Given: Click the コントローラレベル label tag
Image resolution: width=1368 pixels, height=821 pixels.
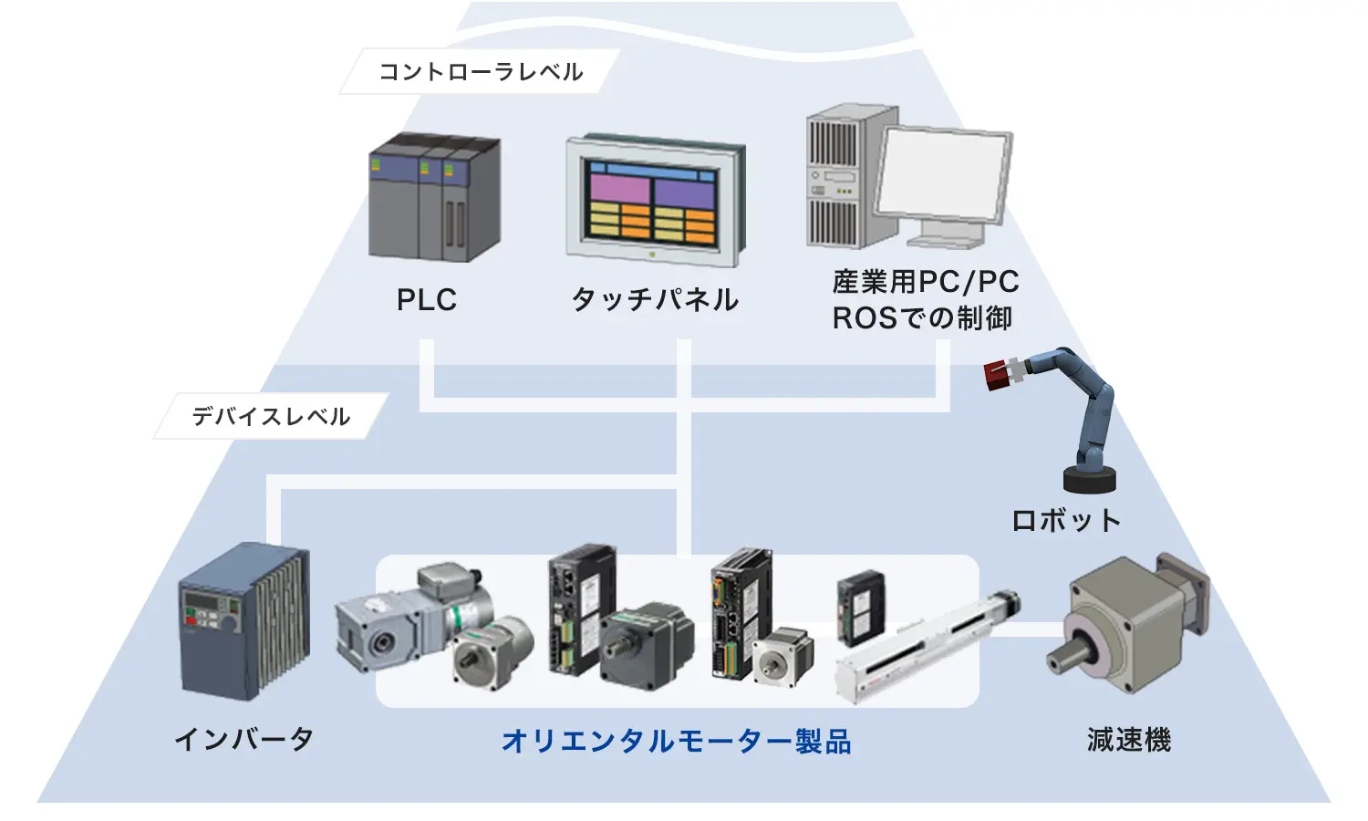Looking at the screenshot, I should pyautogui.click(x=481, y=72).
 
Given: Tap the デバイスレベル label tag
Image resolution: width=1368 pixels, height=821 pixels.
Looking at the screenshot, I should pyautogui.click(x=271, y=417).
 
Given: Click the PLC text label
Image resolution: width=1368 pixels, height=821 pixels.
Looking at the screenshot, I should pyautogui.click(x=427, y=300).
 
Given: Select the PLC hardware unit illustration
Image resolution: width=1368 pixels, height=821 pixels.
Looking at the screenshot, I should pyautogui.click(x=434, y=198).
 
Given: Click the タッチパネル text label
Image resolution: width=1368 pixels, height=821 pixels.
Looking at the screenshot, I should pyautogui.click(x=655, y=300).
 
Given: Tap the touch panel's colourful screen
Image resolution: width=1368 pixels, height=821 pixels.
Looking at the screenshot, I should pyautogui.click(x=651, y=202).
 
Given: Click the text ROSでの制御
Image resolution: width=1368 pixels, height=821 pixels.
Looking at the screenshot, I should pyautogui.click(x=922, y=318).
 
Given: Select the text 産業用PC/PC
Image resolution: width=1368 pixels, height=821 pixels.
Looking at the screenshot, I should pyautogui.click(x=925, y=282).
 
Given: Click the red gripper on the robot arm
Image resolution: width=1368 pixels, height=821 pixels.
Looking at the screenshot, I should pyautogui.click(x=1003, y=374).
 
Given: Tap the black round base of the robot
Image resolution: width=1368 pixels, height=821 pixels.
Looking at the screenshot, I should pyautogui.click(x=1090, y=479).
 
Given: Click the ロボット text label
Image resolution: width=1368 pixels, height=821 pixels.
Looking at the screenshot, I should pyautogui.click(x=1066, y=521).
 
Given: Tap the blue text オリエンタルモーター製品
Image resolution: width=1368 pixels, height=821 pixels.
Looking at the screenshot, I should pyautogui.click(x=676, y=741).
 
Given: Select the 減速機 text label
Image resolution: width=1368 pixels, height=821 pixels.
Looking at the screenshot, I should pyautogui.click(x=1128, y=739).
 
